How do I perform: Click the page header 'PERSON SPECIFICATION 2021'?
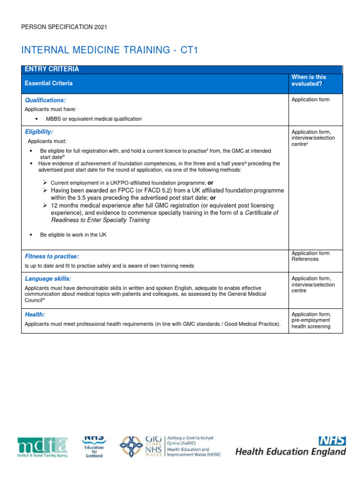[64, 27]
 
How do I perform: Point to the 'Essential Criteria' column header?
[49, 83]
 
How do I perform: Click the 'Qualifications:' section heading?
[45, 100]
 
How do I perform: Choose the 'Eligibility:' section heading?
[39, 132]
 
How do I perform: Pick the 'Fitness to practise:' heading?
[52, 256]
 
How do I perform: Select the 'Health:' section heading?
[35, 315]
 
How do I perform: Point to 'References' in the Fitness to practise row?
[305, 259]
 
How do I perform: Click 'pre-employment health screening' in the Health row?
[311, 323]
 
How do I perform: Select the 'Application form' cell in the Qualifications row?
[310, 100]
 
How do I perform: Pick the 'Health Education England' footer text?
[291, 452]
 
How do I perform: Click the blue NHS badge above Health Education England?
[332, 441]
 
